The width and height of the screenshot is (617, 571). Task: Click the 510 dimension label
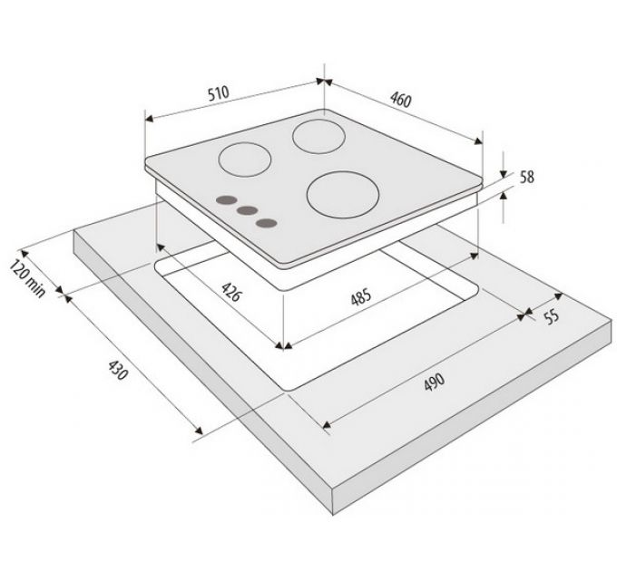click(x=219, y=93)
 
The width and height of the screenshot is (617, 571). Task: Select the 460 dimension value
click(x=400, y=100)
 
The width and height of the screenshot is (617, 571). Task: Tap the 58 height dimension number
click(x=527, y=177)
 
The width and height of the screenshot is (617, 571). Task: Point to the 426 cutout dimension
click(x=230, y=292)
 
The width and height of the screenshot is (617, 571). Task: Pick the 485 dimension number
click(x=361, y=296)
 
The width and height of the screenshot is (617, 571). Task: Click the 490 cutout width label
click(x=435, y=382)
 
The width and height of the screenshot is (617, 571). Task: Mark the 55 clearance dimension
click(x=552, y=316)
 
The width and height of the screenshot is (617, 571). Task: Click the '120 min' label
click(x=27, y=278)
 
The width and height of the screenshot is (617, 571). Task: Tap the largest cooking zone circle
click(x=343, y=195)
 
